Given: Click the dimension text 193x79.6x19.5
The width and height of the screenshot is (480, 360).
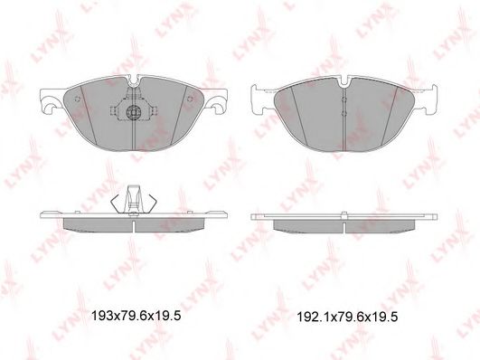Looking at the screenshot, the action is [x=136, y=316].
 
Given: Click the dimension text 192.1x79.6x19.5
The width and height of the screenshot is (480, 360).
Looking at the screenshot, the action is [x=347, y=317].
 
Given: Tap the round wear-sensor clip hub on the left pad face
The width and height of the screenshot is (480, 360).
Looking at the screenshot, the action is [x=134, y=111].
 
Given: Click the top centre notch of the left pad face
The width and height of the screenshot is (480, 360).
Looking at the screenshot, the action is [x=134, y=81].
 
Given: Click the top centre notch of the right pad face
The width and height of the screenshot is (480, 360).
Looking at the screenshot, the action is [x=345, y=82].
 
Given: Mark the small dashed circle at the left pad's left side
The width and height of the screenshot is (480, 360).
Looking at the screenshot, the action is [x=77, y=99].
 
